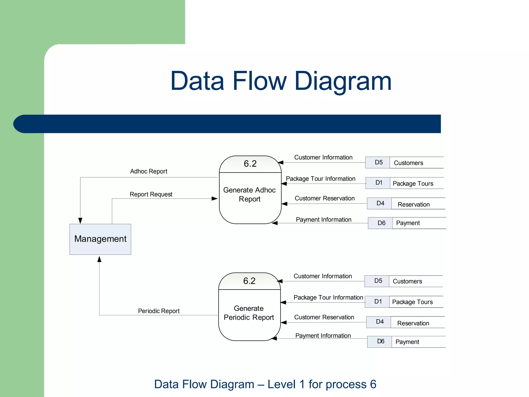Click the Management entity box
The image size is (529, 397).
tap(100, 239)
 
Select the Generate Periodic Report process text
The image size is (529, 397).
tap(249, 313)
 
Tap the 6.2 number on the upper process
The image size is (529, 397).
tap(250, 164)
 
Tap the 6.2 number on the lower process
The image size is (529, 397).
tap(249, 281)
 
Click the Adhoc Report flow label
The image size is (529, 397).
tap(149, 171)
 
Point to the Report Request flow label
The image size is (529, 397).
tap(151, 194)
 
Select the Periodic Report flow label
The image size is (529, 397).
tap(159, 311)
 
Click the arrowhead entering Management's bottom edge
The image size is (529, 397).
tap(99, 259)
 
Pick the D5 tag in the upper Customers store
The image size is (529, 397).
tap(379, 162)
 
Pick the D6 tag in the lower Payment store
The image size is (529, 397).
tap(381, 341)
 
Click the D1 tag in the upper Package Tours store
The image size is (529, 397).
tap(379, 183)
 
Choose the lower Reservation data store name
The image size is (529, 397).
tap(413, 323)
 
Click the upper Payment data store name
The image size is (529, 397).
tap(408, 223)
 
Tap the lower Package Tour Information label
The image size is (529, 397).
tap(328, 297)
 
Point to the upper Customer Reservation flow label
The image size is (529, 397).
tap(325, 198)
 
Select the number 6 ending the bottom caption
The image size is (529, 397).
tap(373, 384)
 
